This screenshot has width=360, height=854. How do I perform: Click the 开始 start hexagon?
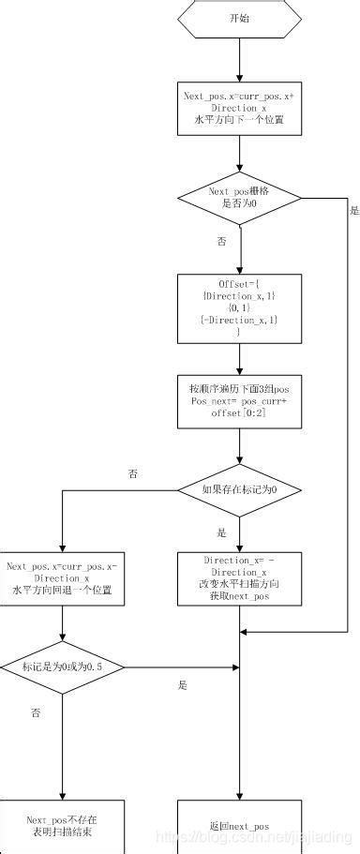[240, 18]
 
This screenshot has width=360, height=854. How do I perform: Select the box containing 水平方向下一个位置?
[240, 108]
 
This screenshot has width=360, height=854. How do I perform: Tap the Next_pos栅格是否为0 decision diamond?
[240, 198]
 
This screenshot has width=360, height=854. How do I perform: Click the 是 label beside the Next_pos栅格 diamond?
[353, 211]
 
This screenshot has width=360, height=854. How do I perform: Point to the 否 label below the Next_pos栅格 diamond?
[222, 242]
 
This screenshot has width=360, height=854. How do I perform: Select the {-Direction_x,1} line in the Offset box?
[240, 321]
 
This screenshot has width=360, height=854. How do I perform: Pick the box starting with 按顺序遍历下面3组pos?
[240, 400]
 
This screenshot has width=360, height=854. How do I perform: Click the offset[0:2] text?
[240, 413]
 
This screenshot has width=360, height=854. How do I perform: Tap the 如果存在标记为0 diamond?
[240, 490]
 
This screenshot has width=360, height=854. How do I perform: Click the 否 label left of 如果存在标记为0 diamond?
[132, 474]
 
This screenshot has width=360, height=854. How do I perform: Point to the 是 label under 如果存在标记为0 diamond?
[222, 532]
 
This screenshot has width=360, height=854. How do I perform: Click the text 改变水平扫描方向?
[240, 585]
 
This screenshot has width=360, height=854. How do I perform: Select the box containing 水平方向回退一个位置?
[62, 578]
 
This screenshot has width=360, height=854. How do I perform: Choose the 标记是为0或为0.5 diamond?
[62, 667]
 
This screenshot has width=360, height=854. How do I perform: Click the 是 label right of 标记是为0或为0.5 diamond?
[183, 685]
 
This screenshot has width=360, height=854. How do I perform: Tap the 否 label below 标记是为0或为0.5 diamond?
[36, 713]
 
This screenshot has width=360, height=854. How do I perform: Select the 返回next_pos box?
[240, 826]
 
